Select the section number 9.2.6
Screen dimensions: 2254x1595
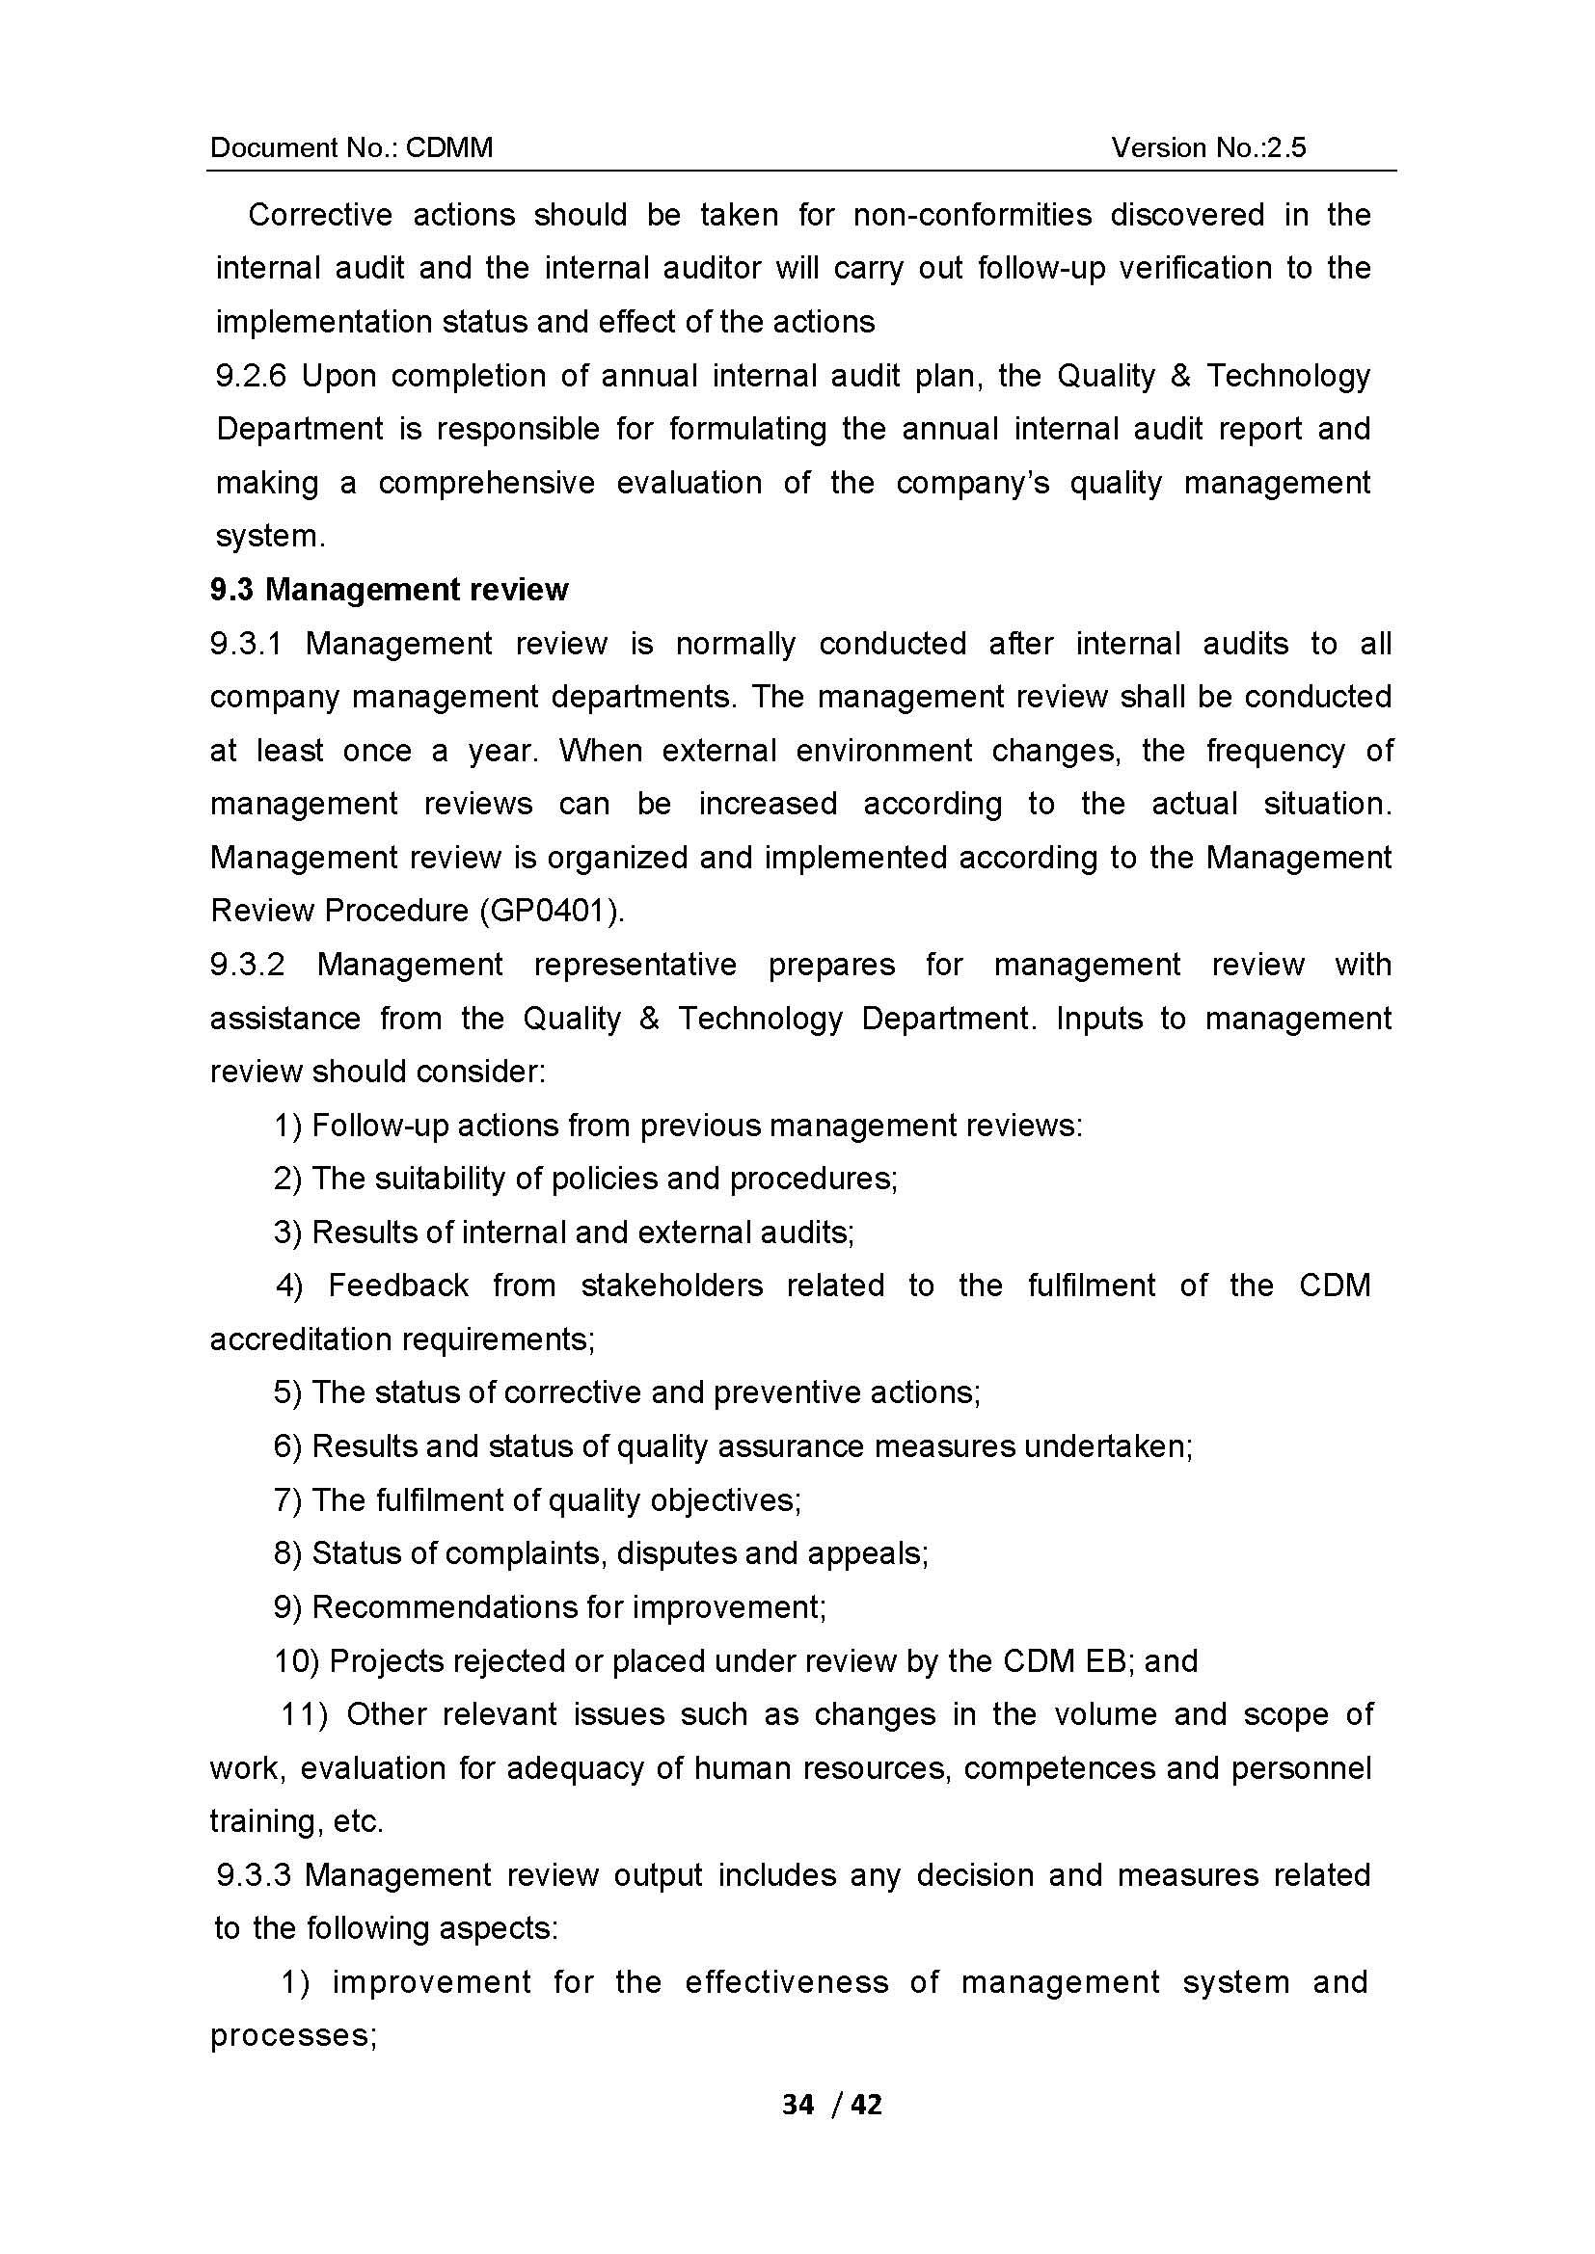coord(251,376)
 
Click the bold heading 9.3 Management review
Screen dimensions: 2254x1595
coord(389,589)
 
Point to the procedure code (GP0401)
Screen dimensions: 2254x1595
coord(551,911)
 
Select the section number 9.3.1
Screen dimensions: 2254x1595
coord(246,644)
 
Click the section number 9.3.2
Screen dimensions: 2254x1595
coord(247,965)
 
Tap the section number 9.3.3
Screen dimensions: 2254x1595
coord(254,1875)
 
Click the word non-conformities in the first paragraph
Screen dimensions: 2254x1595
coord(972,215)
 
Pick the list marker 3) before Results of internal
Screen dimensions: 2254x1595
coord(287,1233)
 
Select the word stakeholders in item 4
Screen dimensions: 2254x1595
coord(672,1286)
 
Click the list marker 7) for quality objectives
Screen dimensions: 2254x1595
coord(287,1500)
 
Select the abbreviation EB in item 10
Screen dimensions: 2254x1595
coord(1109,1661)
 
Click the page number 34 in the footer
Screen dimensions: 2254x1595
coord(797,2105)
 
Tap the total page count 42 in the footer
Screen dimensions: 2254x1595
coord(866,2105)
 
